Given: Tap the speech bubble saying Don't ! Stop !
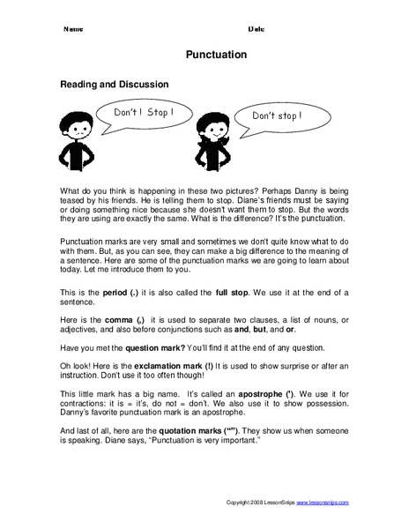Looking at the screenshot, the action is click(138, 114).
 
